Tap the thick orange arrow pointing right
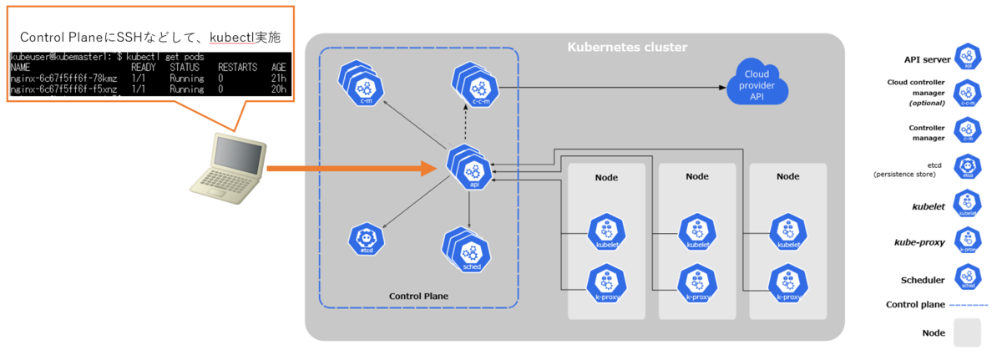pyautogui.click(x=351, y=169)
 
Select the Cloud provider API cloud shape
pyautogui.click(x=757, y=81)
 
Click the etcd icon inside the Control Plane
pyautogui.click(x=366, y=239)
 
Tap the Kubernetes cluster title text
pyautogui.click(x=627, y=47)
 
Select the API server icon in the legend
pyautogui.click(x=968, y=58)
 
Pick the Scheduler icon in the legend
pyautogui.click(x=968, y=278)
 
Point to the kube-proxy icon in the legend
pyautogui.click(x=968, y=241)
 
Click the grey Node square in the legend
pyautogui.click(x=967, y=332)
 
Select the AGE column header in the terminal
pyautogui.click(x=279, y=67)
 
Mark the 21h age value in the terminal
pyautogui.click(x=279, y=77)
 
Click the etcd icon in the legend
pyautogui.click(x=968, y=168)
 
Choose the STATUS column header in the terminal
pyautogui.click(x=185, y=67)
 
